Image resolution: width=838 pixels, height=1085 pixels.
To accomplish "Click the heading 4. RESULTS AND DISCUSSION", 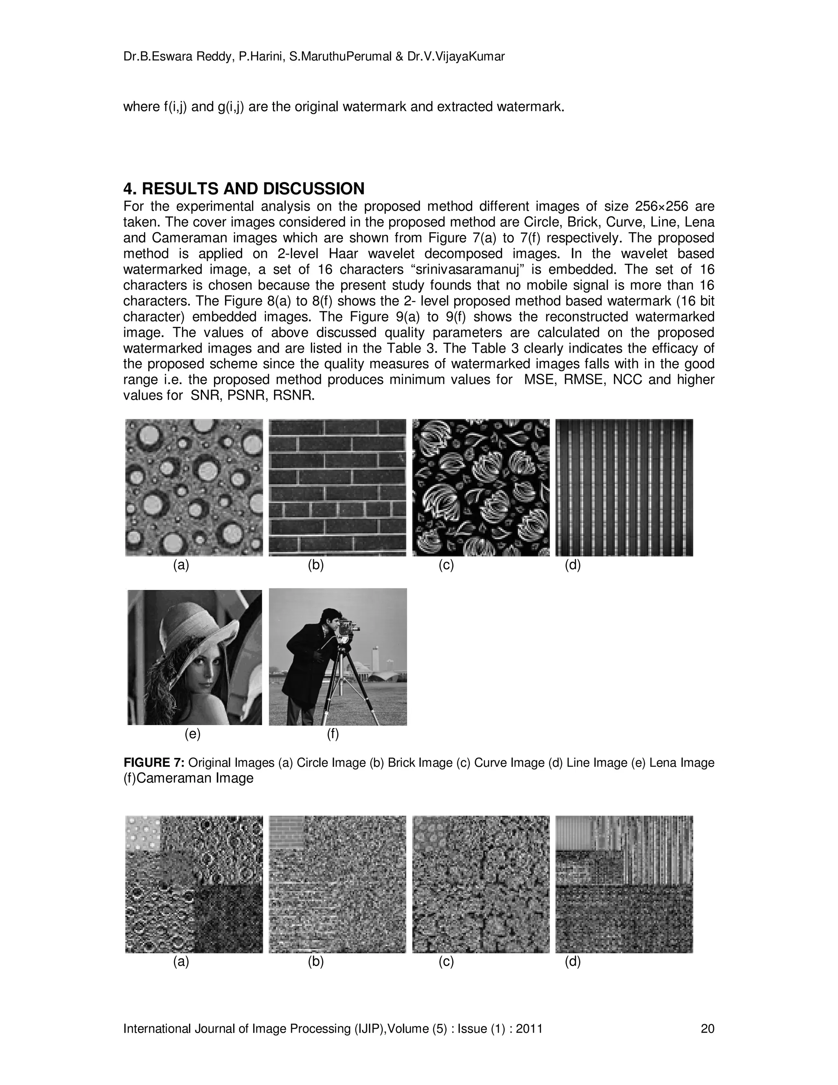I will pyautogui.click(x=244, y=189).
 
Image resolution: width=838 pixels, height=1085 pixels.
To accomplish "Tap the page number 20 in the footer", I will pyautogui.click(x=707, y=1029).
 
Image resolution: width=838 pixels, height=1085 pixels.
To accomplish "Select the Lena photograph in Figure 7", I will pyautogui.click(x=195, y=657).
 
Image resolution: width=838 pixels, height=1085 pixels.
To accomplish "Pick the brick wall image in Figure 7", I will pyautogui.click(x=337, y=487).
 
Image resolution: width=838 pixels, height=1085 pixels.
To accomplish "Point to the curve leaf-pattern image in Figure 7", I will pyautogui.click(x=480, y=487).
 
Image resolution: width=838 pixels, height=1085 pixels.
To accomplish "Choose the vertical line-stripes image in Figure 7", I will pyautogui.click(x=624, y=487).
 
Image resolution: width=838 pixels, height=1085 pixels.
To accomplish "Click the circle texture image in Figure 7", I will pyautogui.click(x=194, y=487).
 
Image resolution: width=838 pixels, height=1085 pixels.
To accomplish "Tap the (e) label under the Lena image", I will pyautogui.click(x=193, y=734).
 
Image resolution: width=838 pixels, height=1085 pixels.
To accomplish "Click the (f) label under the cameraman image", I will pyautogui.click(x=333, y=734).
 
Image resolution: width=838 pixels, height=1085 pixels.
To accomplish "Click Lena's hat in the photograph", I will pyautogui.click(x=198, y=621).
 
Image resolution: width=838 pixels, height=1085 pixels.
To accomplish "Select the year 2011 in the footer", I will pyautogui.click(x=529, y=1029).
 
